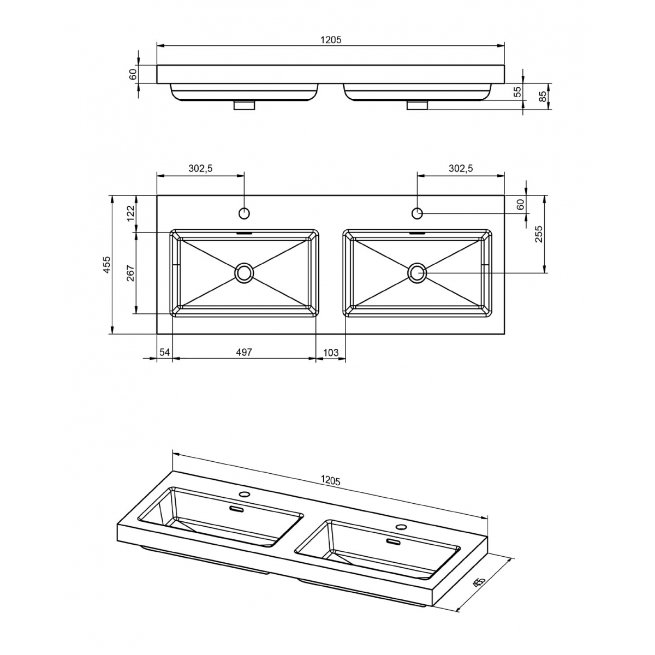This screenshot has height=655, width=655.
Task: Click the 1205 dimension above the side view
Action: point(330,40)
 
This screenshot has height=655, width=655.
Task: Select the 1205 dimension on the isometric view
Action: point(330,480)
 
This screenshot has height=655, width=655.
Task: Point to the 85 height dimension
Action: point(542,97)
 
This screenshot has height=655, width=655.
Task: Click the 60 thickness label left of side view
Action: point(133,74)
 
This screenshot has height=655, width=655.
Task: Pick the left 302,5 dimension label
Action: point(200,169)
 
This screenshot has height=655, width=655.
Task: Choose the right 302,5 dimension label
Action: point(461,169)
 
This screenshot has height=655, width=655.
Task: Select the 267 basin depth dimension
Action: point(130,273)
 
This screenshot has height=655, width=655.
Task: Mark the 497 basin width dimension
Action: point(243,353)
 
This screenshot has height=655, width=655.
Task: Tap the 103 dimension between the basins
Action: point(331,353)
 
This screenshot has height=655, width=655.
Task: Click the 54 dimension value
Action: point(164,353)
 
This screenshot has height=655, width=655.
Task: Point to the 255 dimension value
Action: point(539,234)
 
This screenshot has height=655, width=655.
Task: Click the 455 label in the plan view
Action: point(107,264)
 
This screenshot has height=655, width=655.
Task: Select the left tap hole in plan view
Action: point(244,212)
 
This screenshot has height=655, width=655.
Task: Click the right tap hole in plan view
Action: point(417,212)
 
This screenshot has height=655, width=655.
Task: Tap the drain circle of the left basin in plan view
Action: point(244,272)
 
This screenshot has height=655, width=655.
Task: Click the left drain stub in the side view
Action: point(244,105)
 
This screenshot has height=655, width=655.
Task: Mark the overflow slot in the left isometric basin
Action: point(236,509)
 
